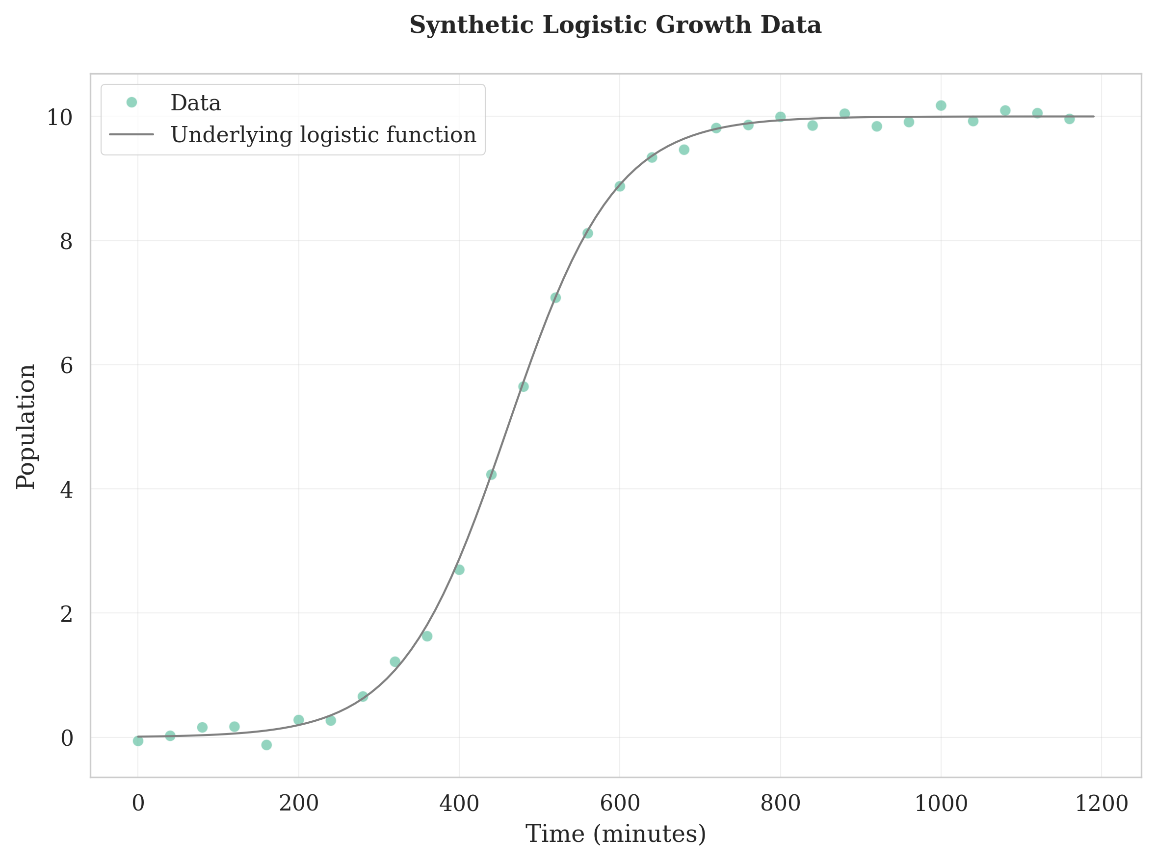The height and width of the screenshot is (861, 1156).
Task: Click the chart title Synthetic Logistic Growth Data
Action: point(615,25)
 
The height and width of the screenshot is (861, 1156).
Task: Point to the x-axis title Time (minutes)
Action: point(615,834)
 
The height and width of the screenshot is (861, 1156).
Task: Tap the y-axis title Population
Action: point(26,426)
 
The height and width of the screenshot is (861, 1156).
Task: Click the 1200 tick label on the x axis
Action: point(1101,804)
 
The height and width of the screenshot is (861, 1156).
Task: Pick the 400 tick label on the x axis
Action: point(459,804)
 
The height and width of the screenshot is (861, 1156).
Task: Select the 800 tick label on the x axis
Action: point(780,804)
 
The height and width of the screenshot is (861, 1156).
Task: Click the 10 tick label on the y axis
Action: point(60,117)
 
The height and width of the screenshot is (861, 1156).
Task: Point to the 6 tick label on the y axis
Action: point(66,365)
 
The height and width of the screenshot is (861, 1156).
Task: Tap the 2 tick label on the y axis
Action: point(66,614)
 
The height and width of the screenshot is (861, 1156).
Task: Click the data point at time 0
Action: point(138,740)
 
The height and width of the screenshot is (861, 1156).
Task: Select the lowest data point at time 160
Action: point(266,745)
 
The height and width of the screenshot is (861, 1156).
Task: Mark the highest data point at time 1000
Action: point(941,106)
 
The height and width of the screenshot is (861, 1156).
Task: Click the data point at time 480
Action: point(524,386)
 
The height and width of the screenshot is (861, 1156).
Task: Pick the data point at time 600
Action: point(619,186)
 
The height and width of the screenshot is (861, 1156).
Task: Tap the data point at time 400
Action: point(459,570)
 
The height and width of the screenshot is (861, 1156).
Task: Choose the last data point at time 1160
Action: point(1070,119)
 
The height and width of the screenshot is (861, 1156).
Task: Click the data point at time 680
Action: point(684,150)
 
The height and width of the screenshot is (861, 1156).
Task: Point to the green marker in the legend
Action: point(131,102)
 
